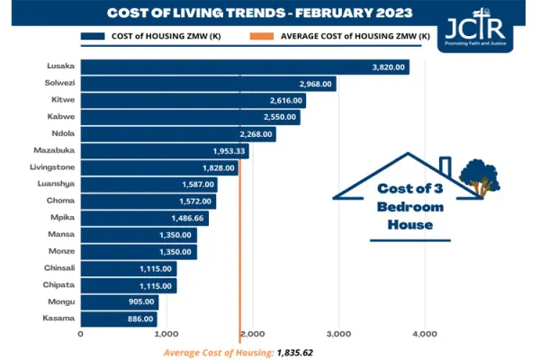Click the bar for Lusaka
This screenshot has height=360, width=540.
[x=243, y=67]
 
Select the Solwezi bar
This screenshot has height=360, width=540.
[x=207, y=84]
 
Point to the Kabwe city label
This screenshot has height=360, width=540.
[x=60, y=117]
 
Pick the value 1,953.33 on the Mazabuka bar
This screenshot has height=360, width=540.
[x=229, y=151]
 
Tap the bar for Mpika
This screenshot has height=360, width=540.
[x=144, y=218]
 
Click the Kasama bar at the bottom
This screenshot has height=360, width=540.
[x=118, y=319]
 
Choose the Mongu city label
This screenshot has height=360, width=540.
[x=60, y=301]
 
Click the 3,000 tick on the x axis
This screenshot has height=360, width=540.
[x=338, y=334]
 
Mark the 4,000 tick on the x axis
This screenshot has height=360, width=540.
[x=424, y=334]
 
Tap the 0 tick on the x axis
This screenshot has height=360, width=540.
[x=81, y=334]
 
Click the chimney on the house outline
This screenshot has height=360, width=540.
[x=444, y=166]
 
